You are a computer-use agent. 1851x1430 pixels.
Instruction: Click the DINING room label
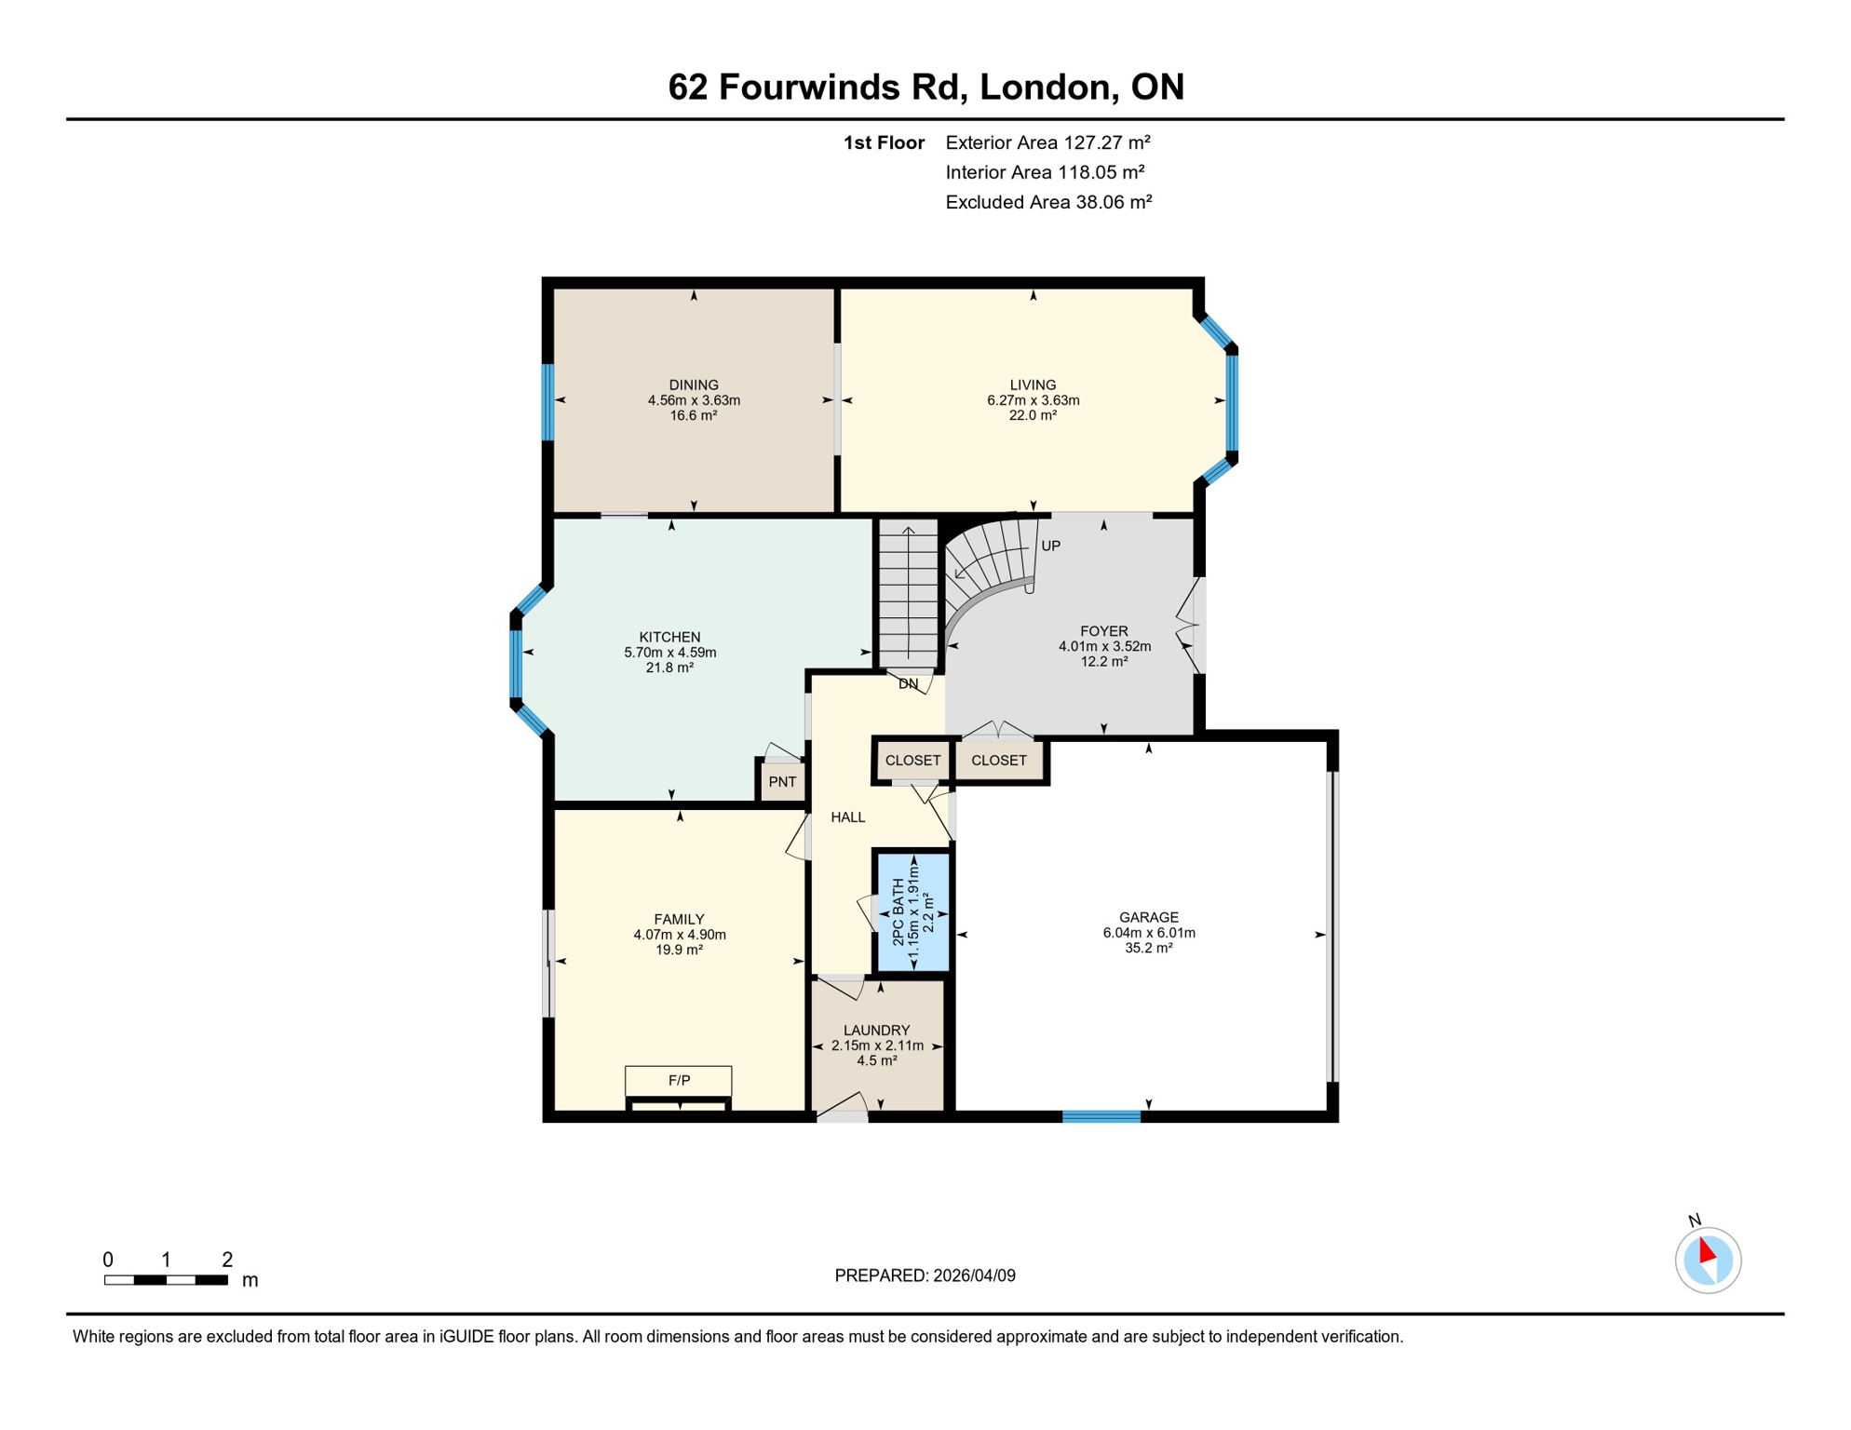(694, 384)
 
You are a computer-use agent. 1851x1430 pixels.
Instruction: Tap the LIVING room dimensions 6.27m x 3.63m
(1033, 400)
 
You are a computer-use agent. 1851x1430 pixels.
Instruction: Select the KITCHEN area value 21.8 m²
(669, 668)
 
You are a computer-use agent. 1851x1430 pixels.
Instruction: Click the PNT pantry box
(782, 781)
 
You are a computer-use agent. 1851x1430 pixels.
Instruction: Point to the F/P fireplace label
(679, 1080)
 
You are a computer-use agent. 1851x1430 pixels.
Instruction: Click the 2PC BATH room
(912, 912)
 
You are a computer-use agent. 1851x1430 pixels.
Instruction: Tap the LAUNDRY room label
(876, 1030)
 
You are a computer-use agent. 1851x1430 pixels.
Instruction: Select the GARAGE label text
(1148, 917)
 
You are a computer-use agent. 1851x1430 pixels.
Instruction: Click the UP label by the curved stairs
(1050, 546)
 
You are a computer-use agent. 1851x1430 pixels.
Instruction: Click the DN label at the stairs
(908, 683)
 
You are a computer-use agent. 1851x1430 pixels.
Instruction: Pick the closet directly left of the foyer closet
(912, 760)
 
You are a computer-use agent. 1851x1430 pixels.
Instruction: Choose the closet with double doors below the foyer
(998, 760)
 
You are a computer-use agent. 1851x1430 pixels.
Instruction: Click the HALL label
(847, 816)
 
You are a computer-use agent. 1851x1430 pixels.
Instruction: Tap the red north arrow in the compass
(1707, 1249)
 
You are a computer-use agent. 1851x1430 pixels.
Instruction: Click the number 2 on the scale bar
(226, 1260)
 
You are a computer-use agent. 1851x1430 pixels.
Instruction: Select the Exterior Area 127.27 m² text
(1047, 142)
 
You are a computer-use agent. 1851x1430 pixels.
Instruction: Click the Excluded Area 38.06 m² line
(1048, 202)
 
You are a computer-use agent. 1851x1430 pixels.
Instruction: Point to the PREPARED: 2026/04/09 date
(925, 1275)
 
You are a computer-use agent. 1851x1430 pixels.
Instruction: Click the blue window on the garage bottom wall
(1101, 1116)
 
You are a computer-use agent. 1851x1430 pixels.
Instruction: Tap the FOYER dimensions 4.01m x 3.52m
(1104, 646)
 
